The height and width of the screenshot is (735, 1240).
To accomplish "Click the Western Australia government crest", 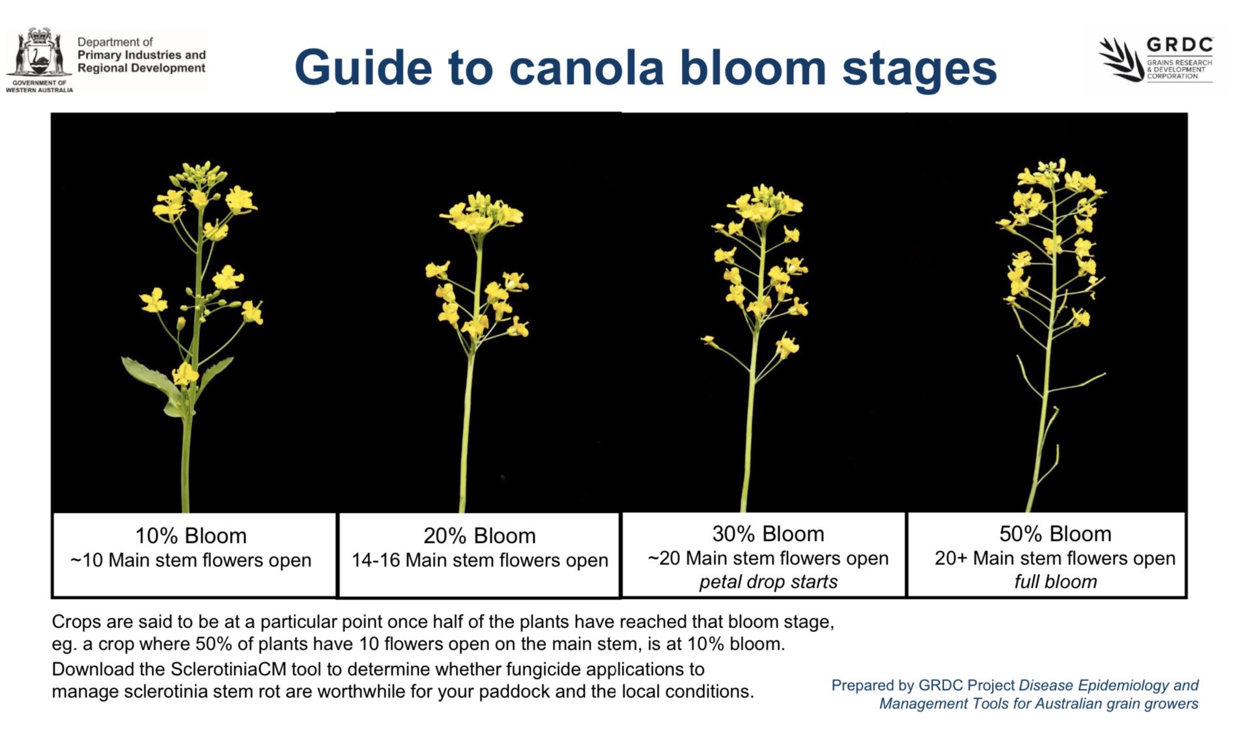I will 38,55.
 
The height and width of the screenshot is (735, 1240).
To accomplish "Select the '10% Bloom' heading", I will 191,536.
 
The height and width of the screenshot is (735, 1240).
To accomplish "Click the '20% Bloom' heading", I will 479,536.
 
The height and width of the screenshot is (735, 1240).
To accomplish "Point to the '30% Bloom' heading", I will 768,534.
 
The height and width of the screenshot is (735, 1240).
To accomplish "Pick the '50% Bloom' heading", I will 1055,534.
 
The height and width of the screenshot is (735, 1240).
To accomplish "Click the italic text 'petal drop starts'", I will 768,581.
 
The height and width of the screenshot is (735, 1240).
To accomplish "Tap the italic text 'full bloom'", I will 1055,581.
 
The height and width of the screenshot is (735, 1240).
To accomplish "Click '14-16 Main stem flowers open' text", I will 479,560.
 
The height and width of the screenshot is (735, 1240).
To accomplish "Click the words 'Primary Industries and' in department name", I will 141,55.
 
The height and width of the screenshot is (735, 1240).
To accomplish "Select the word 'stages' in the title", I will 919,68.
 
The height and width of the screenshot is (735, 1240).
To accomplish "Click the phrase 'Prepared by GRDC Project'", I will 923,685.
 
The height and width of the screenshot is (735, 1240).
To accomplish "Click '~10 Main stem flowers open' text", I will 191,560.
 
